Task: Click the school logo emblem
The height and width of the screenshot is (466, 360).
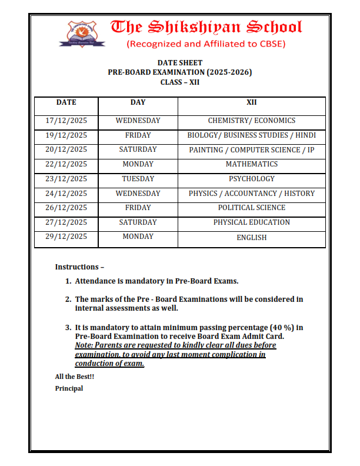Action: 82,34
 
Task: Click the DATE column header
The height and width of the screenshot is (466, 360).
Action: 66,102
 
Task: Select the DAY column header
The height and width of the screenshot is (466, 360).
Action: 138,102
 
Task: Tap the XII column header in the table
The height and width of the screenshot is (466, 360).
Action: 251,102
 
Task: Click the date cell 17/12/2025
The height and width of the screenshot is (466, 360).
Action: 66,121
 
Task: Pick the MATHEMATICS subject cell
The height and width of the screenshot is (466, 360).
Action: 251,164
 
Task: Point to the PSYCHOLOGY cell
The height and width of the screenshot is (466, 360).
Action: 251,179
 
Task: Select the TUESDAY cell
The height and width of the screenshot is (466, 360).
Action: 138,179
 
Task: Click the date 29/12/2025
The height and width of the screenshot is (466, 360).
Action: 66,237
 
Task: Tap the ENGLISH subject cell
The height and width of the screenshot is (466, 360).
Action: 251,238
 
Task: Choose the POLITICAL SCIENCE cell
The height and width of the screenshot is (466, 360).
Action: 251,208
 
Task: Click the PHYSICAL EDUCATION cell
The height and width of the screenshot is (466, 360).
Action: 251,222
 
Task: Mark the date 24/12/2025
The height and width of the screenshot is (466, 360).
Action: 66,194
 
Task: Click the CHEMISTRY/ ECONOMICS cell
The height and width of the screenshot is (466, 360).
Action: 251,121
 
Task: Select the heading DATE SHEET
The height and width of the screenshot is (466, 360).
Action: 179,63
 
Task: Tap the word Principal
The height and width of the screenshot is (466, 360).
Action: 69,388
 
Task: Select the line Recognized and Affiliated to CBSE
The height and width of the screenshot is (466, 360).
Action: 206,44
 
